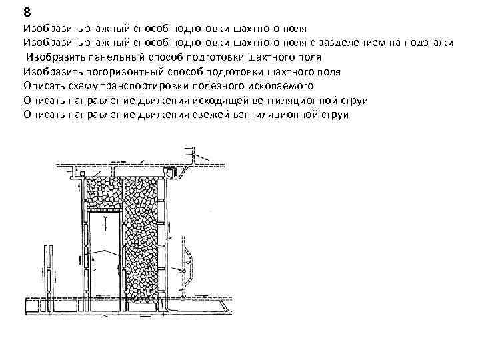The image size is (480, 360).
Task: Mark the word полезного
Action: [226, 86]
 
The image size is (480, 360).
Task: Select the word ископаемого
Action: [286, 86]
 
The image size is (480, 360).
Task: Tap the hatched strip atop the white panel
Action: [103, 211]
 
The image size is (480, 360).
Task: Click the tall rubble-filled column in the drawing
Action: [144, 240]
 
